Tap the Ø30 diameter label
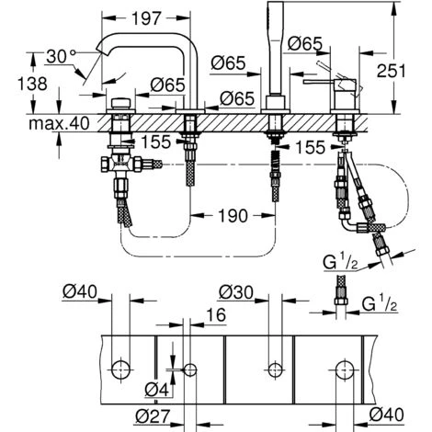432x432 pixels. pyautogui.click(x=236, y=292)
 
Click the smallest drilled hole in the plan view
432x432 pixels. pyautogui.click(x=190, y=369)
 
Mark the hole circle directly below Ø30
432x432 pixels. pyautogui.click(x=272, y=369)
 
